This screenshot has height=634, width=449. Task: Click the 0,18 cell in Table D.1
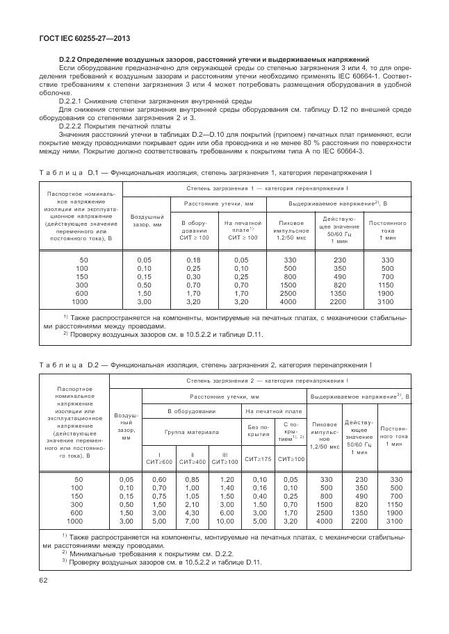coord(194,260)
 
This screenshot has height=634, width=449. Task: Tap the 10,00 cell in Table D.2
coord(225,520)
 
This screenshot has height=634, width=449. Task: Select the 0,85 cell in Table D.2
coord(193,478)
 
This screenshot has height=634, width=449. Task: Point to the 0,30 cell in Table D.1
coord(194,276)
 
